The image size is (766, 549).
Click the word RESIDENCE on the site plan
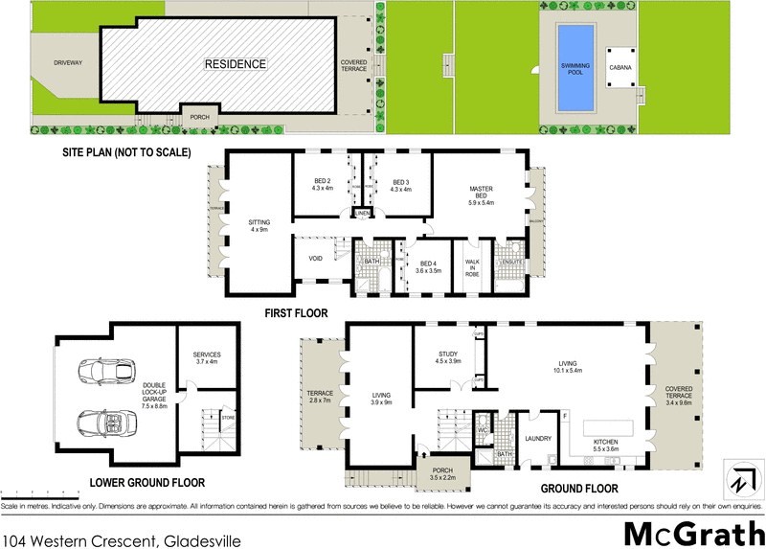click(234, 64)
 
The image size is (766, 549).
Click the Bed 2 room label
click(322, 184)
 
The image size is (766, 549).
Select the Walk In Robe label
click(471, 267)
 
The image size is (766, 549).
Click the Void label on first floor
click(315, 259)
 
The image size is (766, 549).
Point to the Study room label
click(448, 356)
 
